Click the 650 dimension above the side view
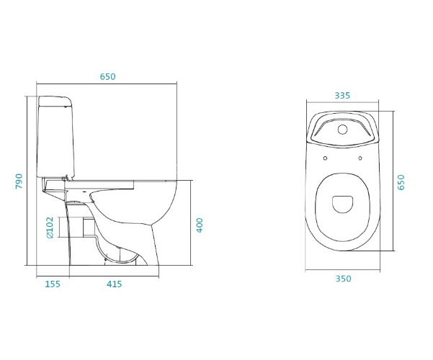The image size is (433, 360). (x=107, y=76)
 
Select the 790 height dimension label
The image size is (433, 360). (x=19, y=181)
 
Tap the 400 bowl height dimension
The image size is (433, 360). (x=200, y=225)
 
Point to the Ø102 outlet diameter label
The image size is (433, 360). (x=50, y=228)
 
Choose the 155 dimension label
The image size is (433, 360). (x=53, y=284)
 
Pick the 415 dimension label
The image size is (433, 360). (x=115, y=284)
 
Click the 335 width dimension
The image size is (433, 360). (x=342, y=96)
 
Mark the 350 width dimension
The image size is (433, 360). (x=344, y=279)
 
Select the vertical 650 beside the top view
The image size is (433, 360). (x=401, y=182)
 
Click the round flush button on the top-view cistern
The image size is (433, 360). (x=343, y=129)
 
